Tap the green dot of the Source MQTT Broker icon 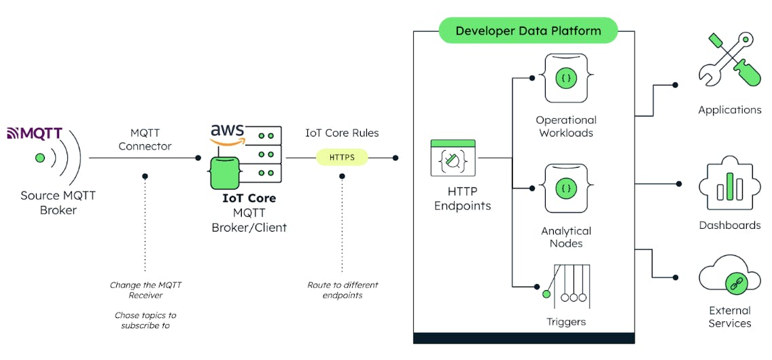[40, 158]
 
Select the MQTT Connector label [145, 139]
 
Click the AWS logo [228, 134]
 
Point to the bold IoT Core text [249, 198]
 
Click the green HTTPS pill [342, 158]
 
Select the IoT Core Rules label [342, 133]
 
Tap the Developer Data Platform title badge [528, 31]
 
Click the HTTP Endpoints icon [453, 158]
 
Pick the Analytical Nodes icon [565, 188]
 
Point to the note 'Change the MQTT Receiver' [145, 290]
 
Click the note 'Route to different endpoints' [343, 290]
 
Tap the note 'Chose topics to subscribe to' [145, 320]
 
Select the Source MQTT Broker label [58, 202]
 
